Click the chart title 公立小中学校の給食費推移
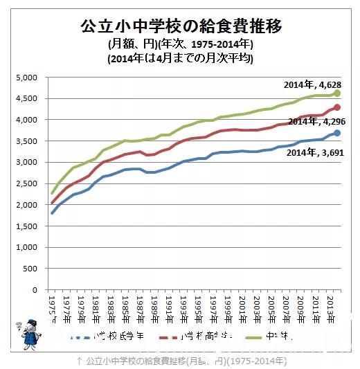[181, 27]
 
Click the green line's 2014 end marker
[337, 93]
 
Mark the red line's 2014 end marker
[337, 107]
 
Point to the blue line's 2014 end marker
[337, 133]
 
